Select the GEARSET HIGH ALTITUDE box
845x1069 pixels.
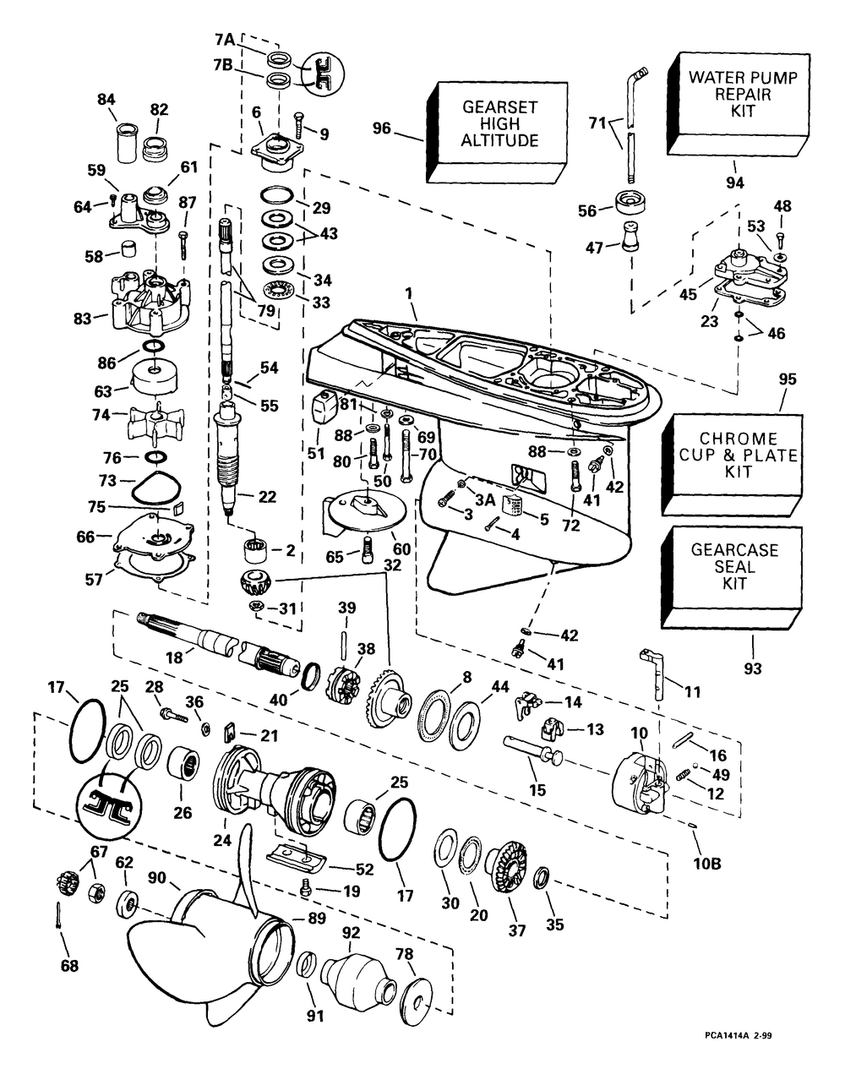tap(499, 124)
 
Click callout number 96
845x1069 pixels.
tap(383, 128)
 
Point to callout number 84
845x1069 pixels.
tap(106, 100)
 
